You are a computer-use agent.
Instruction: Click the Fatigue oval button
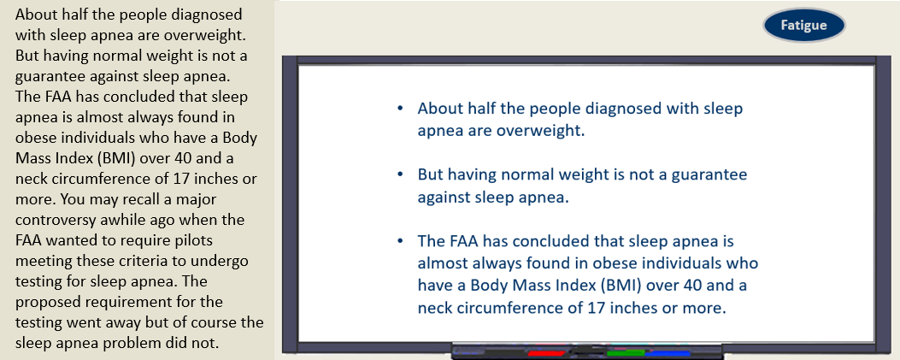pyautogui.click(x=803, y=26)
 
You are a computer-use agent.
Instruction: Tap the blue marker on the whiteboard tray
pyautogui.click(x=668, y=353)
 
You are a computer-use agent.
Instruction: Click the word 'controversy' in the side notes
pyautogui.click(x=50, y=220)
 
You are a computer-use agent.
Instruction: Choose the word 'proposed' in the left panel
pyautogui.click(x=42, y=302)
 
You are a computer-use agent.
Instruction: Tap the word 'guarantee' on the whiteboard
pyautogui.click(x=715, y=174)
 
